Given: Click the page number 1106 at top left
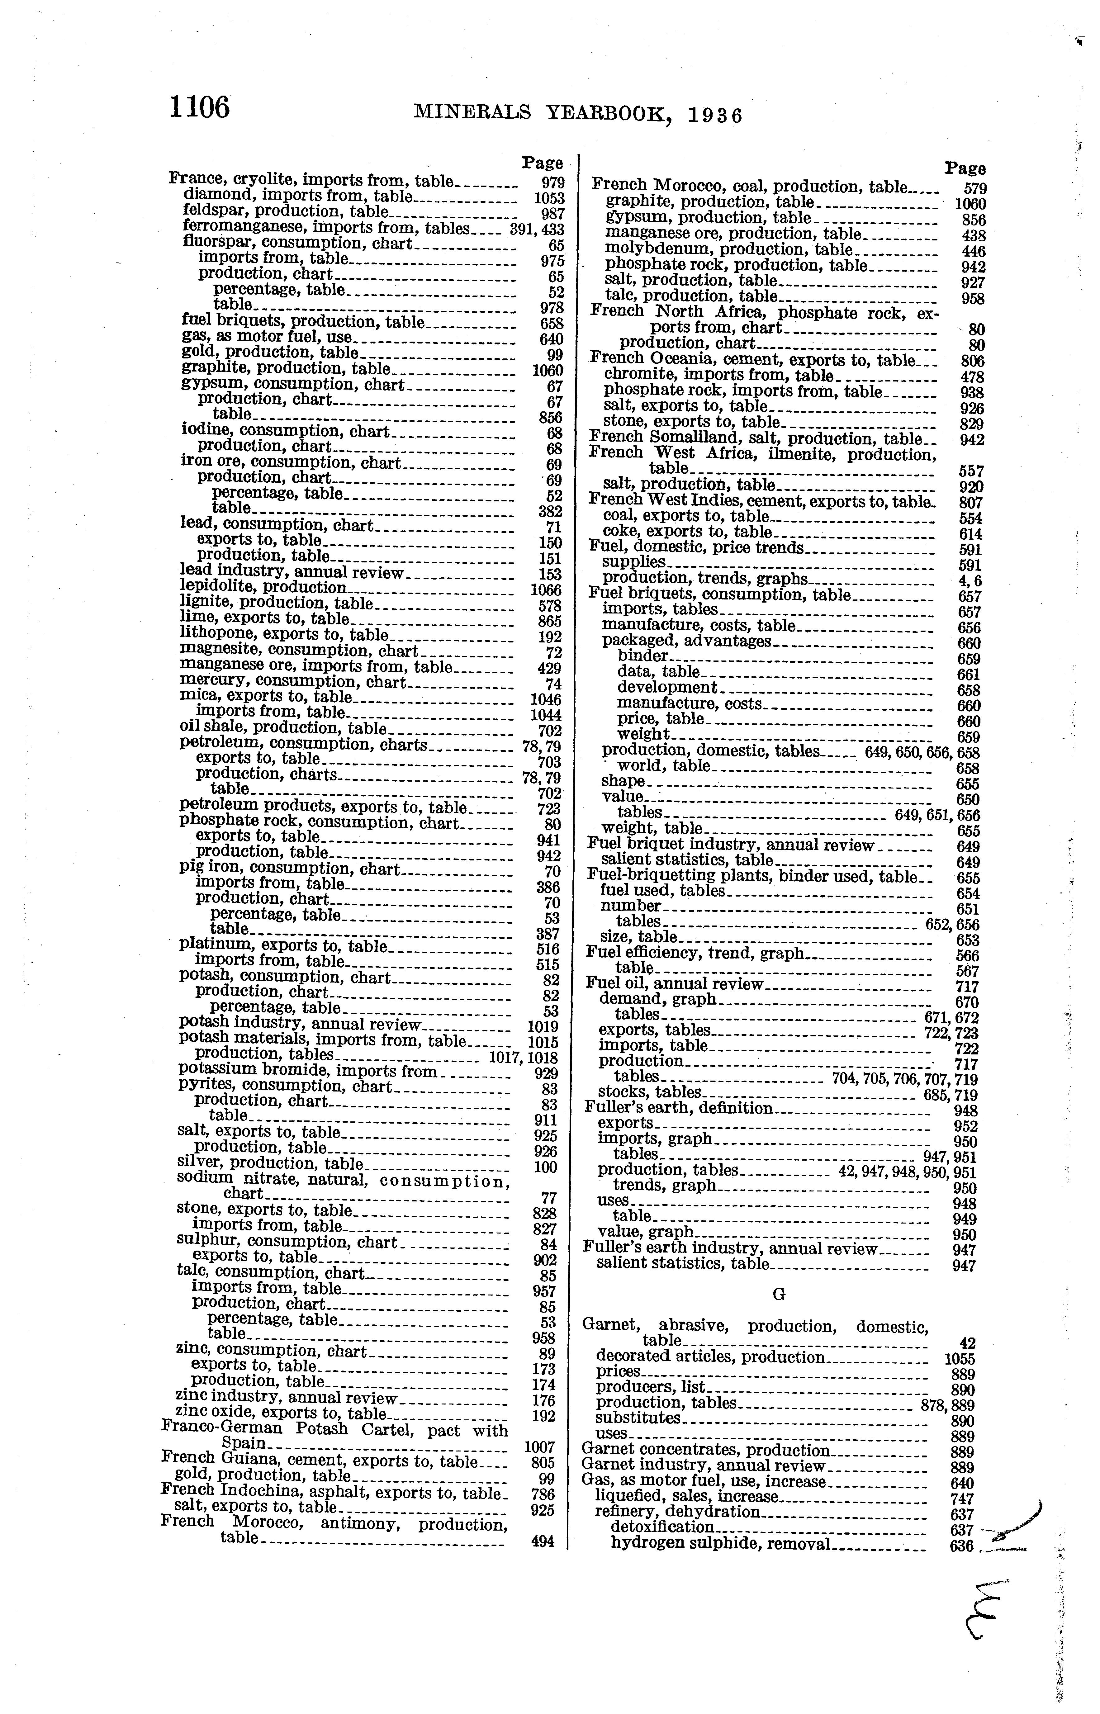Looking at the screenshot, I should pos(200,108).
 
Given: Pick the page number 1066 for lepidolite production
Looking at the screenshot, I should pos(547,590).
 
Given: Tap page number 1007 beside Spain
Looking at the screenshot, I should pos(539,1446).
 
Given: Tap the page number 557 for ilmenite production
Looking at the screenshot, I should pos(971,471).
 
